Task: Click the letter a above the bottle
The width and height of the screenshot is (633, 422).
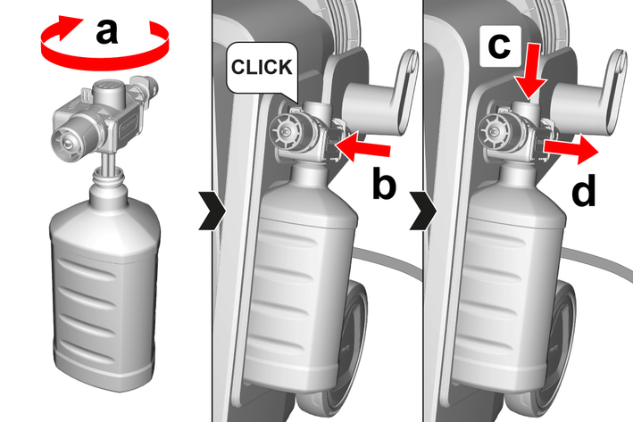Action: tap(106, 31)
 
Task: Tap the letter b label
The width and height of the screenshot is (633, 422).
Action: tap(384, 184)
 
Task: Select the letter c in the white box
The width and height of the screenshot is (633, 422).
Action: tap(499, 46)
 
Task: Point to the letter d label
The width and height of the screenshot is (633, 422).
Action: tap(584, 190)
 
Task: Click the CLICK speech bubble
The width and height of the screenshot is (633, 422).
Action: tap(262, 68)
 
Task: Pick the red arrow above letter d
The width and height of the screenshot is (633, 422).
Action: tap(571, 149)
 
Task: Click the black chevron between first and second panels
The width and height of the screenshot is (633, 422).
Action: tap(212, 211)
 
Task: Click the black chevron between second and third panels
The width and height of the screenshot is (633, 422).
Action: tap(423, 211)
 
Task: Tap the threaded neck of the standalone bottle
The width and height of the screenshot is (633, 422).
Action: tap(107, 178)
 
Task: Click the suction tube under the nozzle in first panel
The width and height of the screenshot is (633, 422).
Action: tap(108, 162)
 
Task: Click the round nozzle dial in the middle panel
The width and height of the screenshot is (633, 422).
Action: tap(286, 131)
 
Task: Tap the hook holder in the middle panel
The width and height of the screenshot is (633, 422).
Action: tap(378, 98)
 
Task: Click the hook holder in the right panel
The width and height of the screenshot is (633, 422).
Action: tap(588, 98)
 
